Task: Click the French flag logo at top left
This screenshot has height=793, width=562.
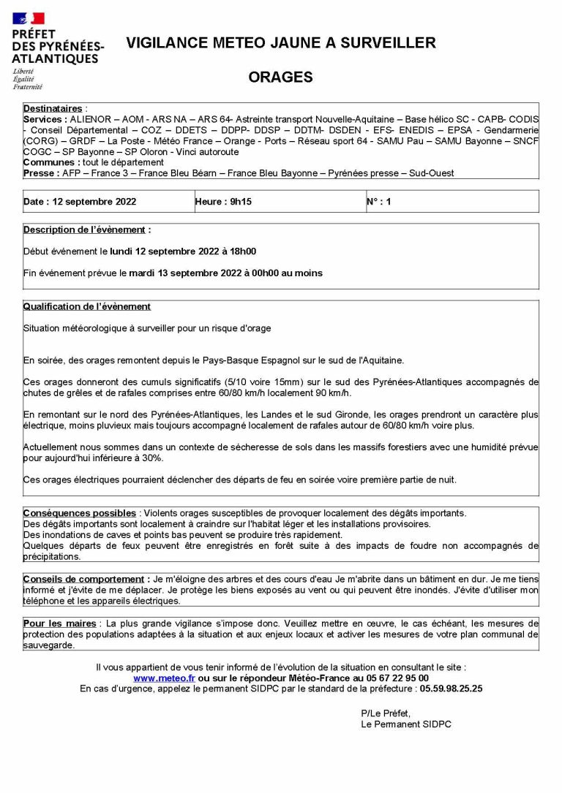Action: (x=29, y=18)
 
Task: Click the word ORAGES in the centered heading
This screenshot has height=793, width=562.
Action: (x=280, y=77)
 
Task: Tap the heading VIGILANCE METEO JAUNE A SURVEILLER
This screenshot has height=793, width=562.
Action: (x=280, y=43)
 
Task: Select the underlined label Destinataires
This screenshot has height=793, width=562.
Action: (x=53, y=108)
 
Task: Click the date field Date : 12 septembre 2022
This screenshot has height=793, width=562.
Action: (x=80, y=202)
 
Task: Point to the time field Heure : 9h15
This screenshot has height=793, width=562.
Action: (x=223, y=202)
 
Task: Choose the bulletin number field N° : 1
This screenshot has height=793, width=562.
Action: (x=379, y=202)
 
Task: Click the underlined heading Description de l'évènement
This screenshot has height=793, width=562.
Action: (x=86, y=229)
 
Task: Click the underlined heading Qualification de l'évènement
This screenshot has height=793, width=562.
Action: (x=86, y=306)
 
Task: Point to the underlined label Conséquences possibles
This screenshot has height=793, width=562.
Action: (x=80, y=513)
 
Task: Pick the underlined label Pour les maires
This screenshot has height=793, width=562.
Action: (x=59, y=623)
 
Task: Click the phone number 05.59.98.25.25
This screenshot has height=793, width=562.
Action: (x=446, y=688)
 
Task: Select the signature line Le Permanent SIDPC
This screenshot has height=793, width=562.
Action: (x=406, y=724)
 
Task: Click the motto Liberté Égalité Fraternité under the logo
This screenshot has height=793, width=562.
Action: (x=27, y=79)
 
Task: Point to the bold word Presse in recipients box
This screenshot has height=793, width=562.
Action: (x=40, y=173)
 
